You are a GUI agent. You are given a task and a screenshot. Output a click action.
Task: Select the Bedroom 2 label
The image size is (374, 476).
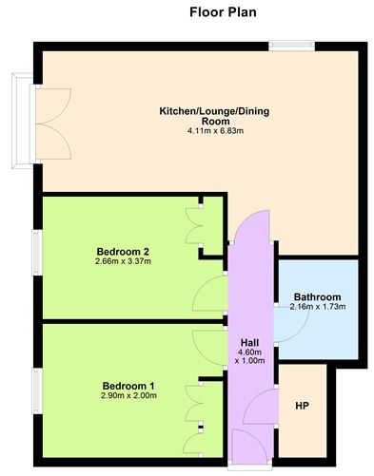tap(123, 251)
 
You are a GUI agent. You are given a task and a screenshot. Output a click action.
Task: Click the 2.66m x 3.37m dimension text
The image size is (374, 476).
tap(123, 261)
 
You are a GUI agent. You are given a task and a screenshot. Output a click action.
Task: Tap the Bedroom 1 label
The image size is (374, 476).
tap(129, 385)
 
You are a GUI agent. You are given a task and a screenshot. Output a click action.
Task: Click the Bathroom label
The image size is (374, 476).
tap(317, 295)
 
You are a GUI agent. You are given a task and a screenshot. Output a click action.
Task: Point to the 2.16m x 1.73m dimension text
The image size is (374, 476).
tap(317, 306)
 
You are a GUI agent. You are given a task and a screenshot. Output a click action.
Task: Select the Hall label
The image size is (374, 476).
tap(249, 342)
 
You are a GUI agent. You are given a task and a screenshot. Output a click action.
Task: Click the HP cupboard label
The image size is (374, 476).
tap(302, 407)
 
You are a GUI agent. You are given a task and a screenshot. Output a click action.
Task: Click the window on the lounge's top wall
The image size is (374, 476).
tap(285, 44)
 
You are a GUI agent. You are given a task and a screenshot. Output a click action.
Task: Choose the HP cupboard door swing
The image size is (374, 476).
tap(259, 409)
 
